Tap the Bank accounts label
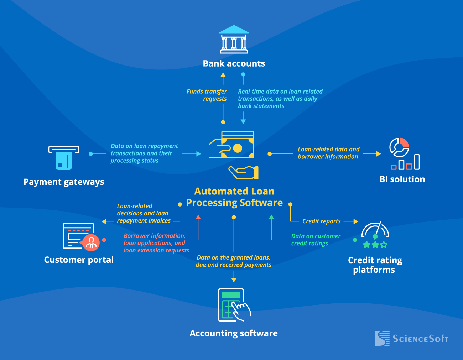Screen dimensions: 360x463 234,63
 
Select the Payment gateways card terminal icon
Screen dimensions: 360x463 64,158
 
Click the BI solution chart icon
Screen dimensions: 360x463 404,154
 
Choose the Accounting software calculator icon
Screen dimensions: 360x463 234,305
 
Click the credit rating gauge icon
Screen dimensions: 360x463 375,235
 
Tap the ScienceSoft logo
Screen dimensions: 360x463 411,338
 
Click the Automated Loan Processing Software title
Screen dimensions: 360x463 234,197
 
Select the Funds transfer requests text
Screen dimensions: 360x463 207,95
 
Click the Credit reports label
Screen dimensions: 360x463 321,221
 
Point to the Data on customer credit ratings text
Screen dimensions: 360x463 316,240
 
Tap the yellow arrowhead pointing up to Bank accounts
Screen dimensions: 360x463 223,75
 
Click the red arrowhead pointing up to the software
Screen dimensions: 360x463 198,217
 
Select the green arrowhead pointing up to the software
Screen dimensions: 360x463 271,217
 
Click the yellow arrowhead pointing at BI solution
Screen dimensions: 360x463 378,154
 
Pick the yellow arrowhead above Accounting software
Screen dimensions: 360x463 234,280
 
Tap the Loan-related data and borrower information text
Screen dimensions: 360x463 328,153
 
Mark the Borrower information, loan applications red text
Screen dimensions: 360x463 156,243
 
